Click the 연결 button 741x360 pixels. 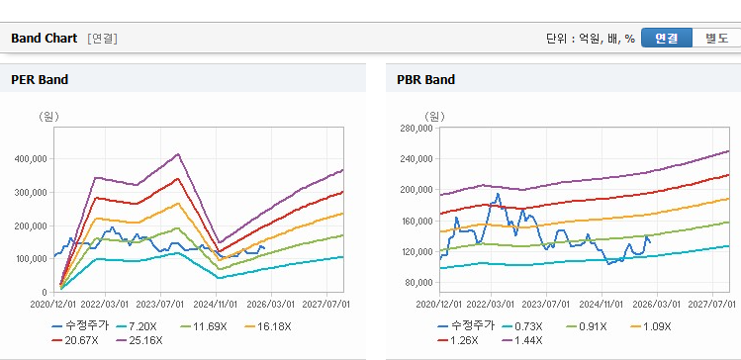tap(667, 39)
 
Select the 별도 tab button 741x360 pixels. tap(716, 39)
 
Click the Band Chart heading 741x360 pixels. tap(44, 39)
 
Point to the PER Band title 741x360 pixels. tap(40, 79)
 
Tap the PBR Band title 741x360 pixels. tap(425, 79)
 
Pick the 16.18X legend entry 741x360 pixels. tap(268, 326)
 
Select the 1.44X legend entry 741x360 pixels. tap(523, 340)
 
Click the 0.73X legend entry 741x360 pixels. tap(523, 326)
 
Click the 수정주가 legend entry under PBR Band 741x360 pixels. tap(466, 325)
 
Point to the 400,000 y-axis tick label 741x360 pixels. tap(33, 159)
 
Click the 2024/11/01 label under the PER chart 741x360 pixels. tap(216, 303)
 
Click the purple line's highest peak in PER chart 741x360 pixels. tap(178, 153)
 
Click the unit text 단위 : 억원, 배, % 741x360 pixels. tap(591, 39)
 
